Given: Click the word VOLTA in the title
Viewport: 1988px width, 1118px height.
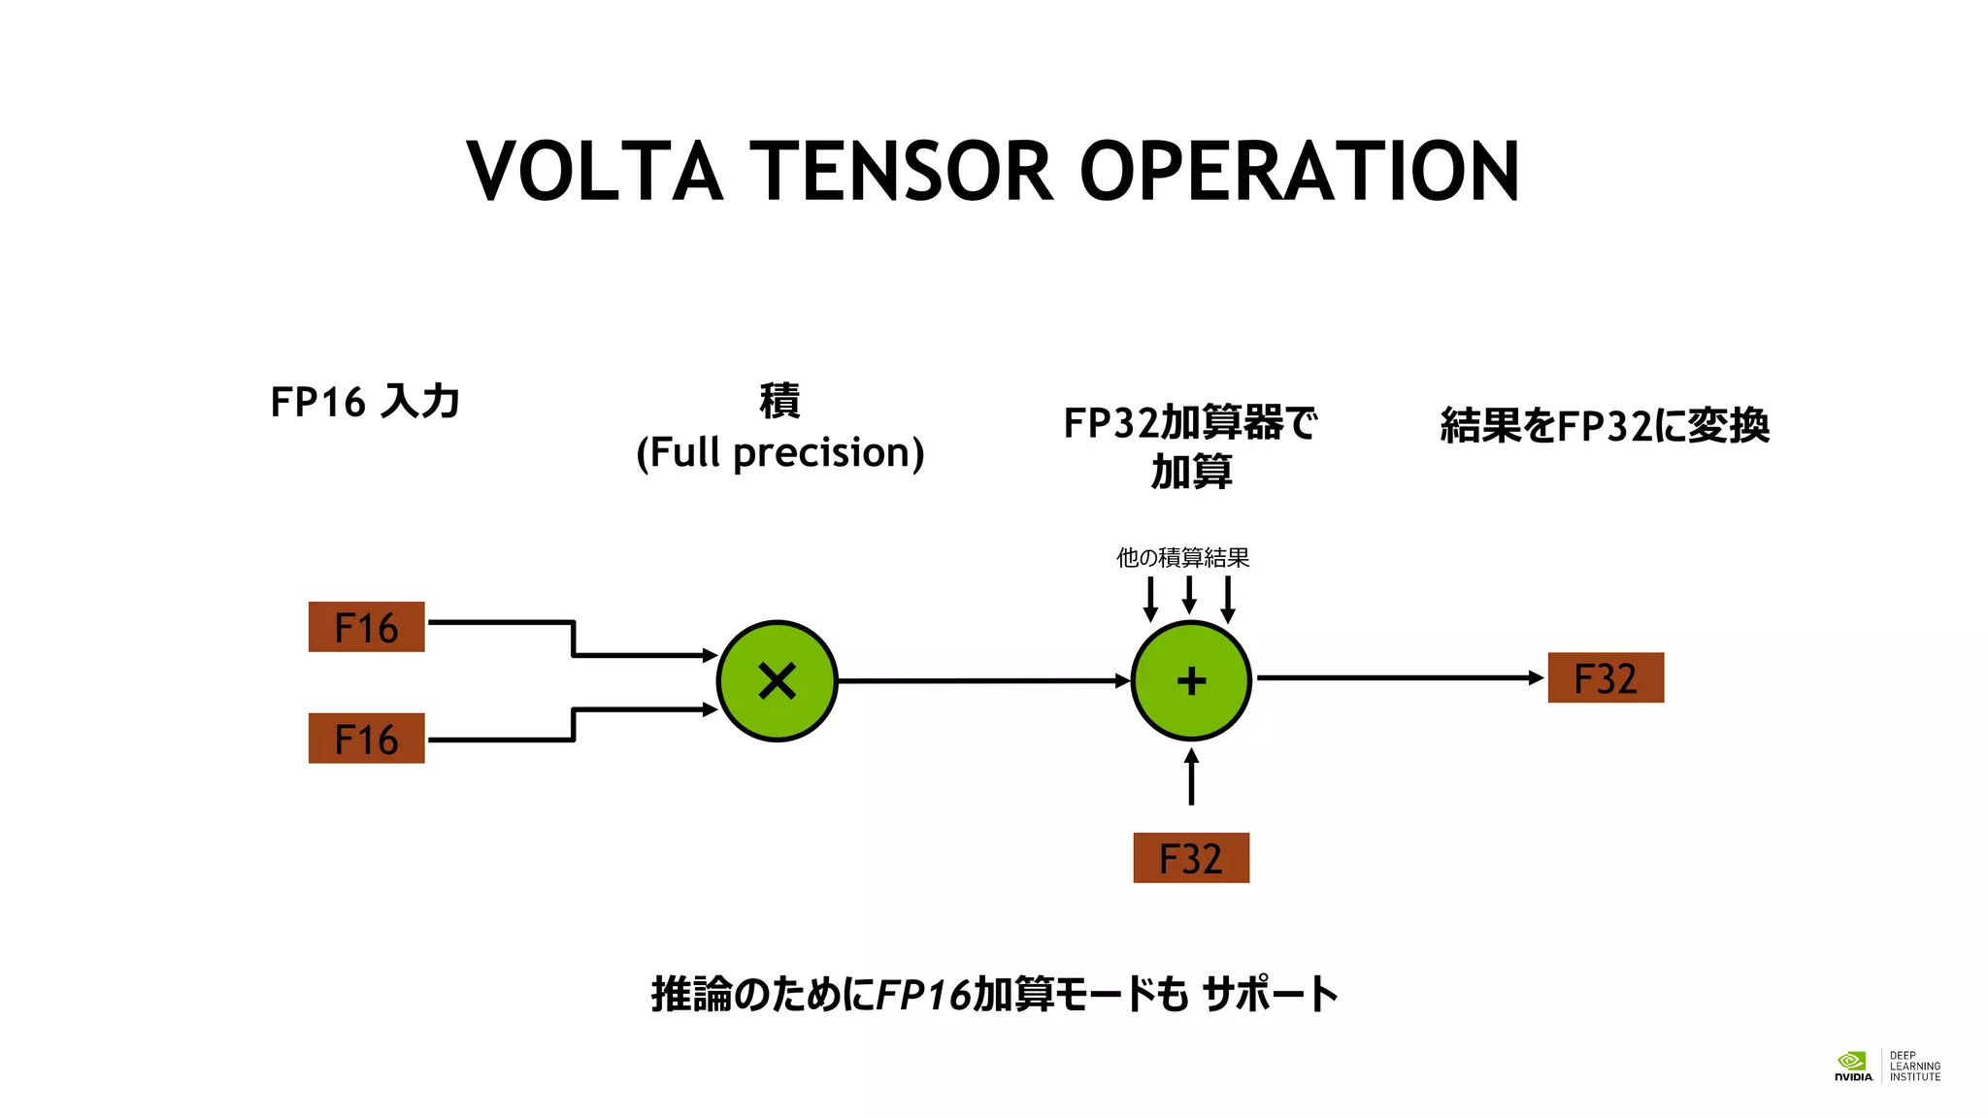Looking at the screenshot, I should [594, 172].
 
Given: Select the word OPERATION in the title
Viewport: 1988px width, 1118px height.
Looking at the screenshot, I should [1299, 172].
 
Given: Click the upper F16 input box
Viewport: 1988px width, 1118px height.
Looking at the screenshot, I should [366, 627].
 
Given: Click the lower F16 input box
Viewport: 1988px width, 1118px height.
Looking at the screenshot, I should [366, 739].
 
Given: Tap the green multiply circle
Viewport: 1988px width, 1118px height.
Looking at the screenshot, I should [777, 680].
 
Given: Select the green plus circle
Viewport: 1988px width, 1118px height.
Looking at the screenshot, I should [1191, 680].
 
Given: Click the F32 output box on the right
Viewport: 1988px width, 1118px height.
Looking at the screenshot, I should [1605, 677].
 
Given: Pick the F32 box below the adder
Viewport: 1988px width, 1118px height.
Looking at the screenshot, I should [1191, 858].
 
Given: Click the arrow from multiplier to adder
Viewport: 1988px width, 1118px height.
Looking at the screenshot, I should [980, 680].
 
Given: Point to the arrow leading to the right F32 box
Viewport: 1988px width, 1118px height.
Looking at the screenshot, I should [1398, 677].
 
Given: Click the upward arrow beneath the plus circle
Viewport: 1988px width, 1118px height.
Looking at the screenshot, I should [1191, 776].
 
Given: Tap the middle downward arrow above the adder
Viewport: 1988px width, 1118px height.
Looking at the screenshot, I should [1189, 594].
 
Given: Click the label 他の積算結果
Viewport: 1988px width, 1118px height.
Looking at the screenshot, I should [1182, 558].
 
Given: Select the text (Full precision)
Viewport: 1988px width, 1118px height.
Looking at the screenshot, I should [779, 453].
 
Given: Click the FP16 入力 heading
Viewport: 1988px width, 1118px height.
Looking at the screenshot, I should [364, 402].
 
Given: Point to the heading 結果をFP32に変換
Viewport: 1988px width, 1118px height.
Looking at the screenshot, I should [1605, 426].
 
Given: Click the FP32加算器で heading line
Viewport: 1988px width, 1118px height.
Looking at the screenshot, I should [1190, 423].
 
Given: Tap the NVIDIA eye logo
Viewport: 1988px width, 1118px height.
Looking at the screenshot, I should [1851, 1061].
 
